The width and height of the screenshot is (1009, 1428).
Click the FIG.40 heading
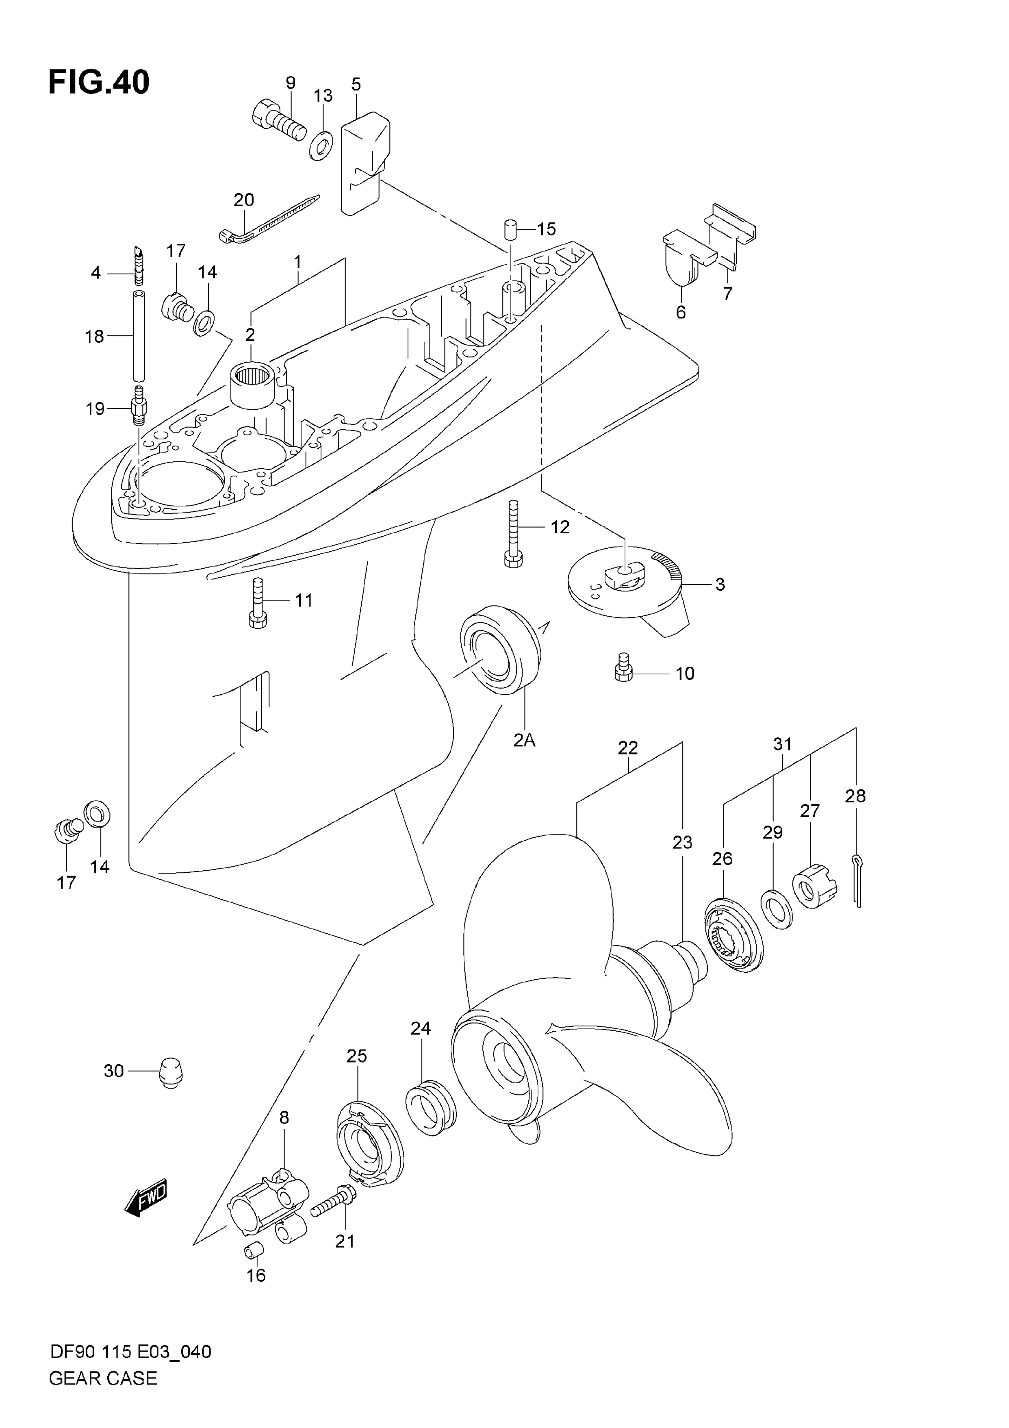click(99, 83)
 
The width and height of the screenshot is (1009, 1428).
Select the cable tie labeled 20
click(269, 219)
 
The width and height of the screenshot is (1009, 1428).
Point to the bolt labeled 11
click(258, 603)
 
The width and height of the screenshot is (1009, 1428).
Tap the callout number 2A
click(524, 740)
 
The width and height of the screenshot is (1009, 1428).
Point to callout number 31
click(783, 744)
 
